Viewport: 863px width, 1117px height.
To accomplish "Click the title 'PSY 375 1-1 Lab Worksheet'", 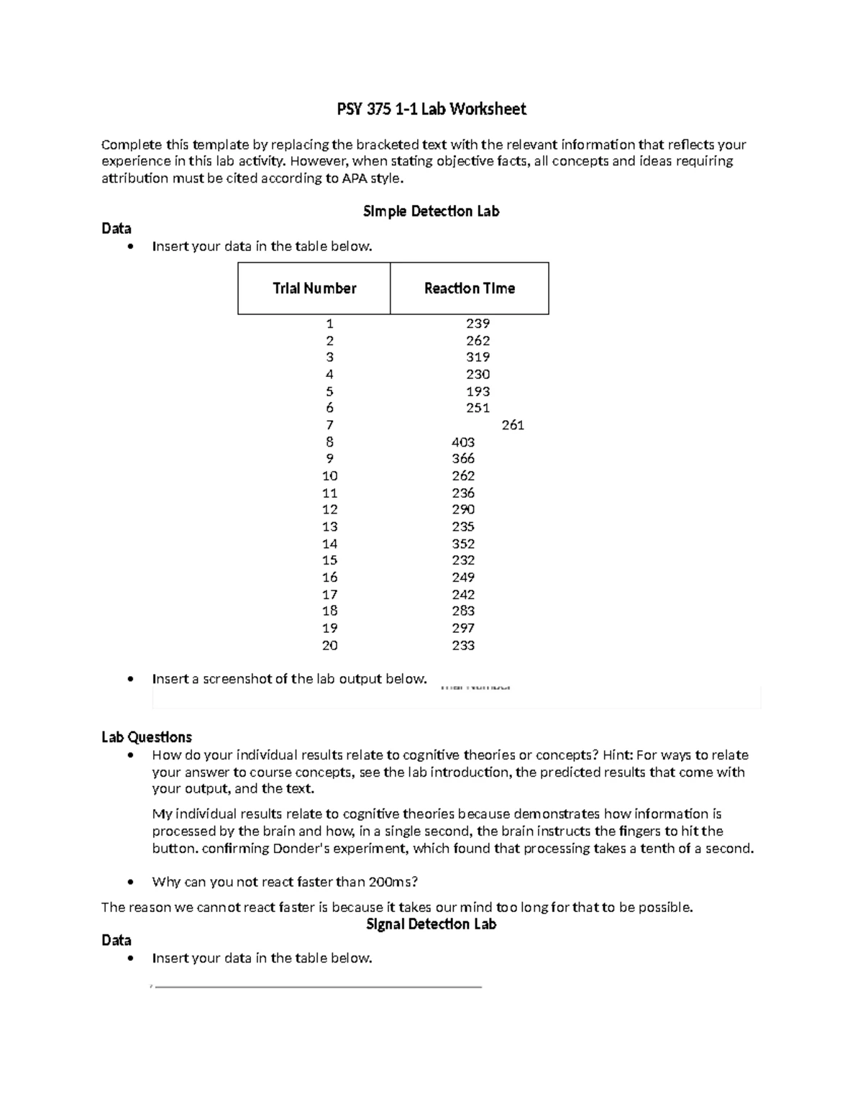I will [431, 109].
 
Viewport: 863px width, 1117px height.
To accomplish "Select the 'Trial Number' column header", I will [314, 288].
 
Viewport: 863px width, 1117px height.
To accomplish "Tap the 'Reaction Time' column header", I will [469, 288].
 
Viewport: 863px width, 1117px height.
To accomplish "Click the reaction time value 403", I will [463, 442].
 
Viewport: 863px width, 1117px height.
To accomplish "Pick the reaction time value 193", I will [478, 391].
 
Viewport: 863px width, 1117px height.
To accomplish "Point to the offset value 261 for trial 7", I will [513, 425].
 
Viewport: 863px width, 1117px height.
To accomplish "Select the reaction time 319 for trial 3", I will [478, 357].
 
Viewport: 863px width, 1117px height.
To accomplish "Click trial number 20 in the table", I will [329, 645].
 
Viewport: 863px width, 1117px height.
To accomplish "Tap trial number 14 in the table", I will [329, 544].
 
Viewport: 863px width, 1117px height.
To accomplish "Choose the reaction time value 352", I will [463, 544].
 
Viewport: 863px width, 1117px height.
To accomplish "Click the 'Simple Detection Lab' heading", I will [431, 211].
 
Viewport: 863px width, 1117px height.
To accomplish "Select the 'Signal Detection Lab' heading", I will [431, 924].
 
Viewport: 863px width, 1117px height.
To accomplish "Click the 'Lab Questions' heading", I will [147, 737].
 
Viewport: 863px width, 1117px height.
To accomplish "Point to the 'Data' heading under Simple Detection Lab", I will [117, 229].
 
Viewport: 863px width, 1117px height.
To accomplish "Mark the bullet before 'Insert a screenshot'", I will [129, 679].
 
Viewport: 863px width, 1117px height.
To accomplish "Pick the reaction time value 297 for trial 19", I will [463, 628].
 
